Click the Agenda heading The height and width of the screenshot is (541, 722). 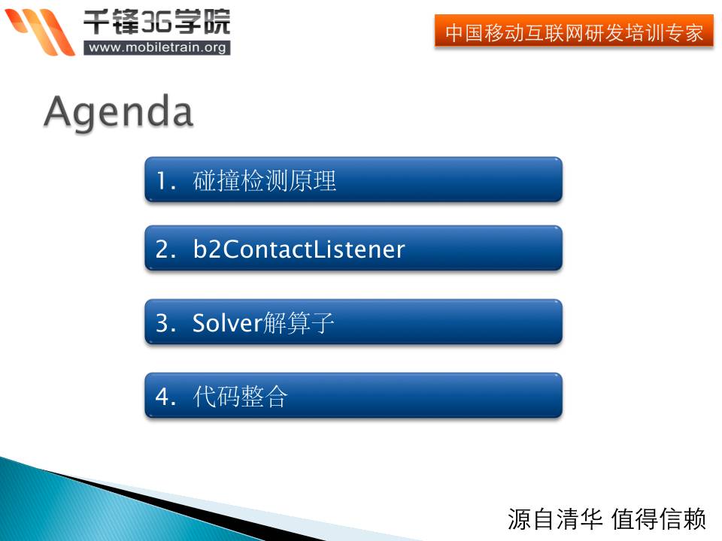[118, 113]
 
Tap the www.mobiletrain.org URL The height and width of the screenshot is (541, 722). [157, 47]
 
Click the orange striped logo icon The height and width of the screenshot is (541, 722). [41, 32]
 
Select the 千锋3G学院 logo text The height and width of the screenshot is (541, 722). [156, 22]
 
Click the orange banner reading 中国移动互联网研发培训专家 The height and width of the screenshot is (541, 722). [574, 31]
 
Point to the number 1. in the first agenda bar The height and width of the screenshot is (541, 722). [165, 180]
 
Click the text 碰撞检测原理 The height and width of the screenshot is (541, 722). [264, 180]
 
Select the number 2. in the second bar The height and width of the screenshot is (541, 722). [165, 249]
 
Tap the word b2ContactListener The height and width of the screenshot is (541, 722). [299, 249]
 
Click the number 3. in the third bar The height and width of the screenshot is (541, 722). [165, 323]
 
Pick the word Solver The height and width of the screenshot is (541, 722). [227, 322]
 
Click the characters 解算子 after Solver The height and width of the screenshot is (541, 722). [299, 323]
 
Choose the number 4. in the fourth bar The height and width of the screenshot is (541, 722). [165, 396]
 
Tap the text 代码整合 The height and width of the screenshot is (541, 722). [241, 396]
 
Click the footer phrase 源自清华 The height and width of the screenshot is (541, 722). [555, 519]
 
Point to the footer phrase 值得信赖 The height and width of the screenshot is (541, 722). [659, 519]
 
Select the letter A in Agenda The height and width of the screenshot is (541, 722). [60, 110]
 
